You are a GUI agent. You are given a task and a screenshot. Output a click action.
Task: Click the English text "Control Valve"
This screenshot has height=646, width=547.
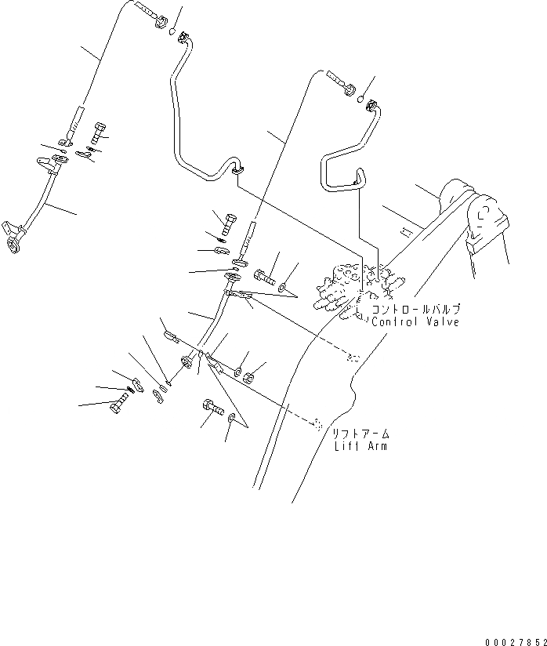click(415, 321)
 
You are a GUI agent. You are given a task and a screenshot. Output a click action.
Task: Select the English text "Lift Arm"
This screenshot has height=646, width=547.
click(360, 446)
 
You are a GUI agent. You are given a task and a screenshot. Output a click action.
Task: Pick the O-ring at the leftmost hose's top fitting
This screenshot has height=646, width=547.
click(170, 32)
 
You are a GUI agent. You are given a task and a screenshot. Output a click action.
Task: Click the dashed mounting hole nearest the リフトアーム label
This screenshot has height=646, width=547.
click(317, 423)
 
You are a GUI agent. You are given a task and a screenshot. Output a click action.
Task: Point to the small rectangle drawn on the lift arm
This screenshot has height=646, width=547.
click(405, 232)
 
